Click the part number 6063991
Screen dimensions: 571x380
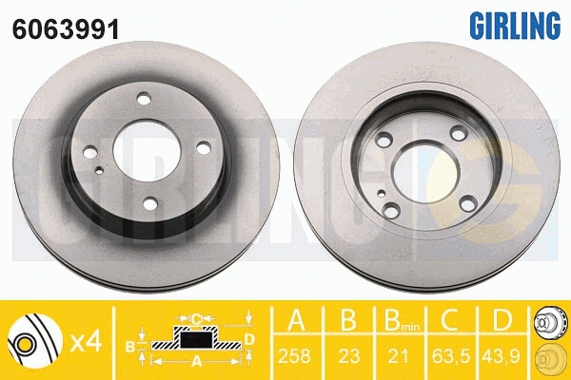coord(66,29)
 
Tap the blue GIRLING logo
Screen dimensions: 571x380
coord(515,25)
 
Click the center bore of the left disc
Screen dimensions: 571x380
coord(147,151)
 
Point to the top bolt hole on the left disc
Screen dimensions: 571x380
coord(144,99)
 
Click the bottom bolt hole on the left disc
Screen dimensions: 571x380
coord(150,204)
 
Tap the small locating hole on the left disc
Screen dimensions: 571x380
coord(99,170)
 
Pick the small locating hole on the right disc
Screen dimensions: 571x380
coord(381,193)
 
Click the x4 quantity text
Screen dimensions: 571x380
coord(86,342)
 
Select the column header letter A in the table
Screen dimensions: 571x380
coord(296,319)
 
